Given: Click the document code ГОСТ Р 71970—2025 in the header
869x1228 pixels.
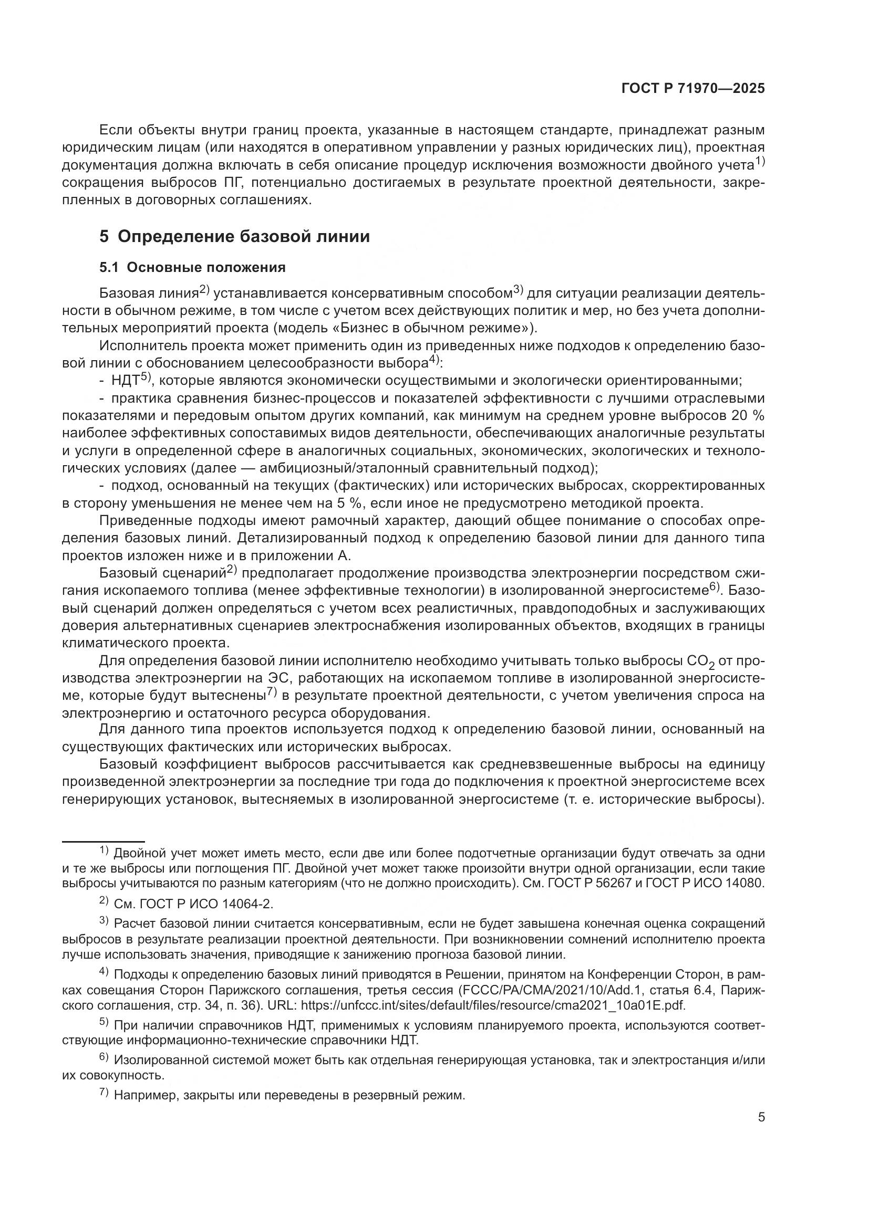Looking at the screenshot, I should coord(693,89).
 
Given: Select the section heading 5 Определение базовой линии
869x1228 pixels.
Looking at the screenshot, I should coord(234,236).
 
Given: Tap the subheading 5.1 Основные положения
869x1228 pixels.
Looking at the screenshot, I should coord(192,267).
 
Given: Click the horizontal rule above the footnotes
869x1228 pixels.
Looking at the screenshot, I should coord(104,841).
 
